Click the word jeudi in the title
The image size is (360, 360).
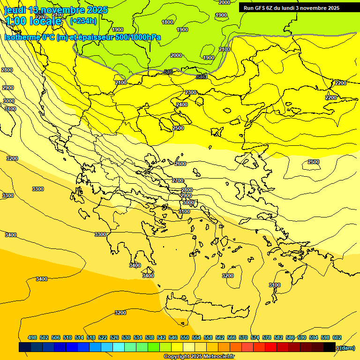pyautogui.click(x=15, y=10)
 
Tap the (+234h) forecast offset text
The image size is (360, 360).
pyautogui.click(x=83, y=21)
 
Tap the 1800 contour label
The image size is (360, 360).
pyautogui.click(x=167, y=22)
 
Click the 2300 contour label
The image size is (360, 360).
pyautogui.click(x=191, y=92)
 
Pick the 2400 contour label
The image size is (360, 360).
pyautogui.click(x=182, y=105)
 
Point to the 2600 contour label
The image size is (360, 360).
pyautogui.click(x=180, y=164)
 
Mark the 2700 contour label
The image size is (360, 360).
pyautogui.click(x=178, y=180)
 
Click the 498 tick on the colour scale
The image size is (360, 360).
pyautogui.click(x=32, y=337)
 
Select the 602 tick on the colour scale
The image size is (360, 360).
pyautogui.click(x=337, y=337)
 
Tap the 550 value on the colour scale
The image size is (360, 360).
pyautogui.click(x=185, y=337)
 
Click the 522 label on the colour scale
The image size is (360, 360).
pyautogui.click(x=103, y=337)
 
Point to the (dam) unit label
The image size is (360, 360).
pyautogui.click(x=347, y=348)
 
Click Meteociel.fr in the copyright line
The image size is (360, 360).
pyautogui.click(x=220, y=357)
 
